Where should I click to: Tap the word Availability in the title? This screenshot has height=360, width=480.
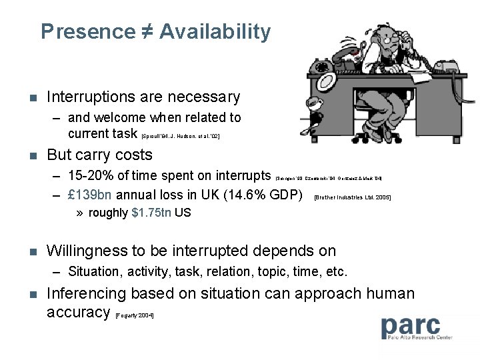215,31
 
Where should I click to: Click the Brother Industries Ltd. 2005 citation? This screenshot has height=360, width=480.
352,198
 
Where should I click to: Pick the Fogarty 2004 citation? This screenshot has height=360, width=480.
135,315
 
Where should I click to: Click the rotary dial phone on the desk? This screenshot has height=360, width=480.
325,67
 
